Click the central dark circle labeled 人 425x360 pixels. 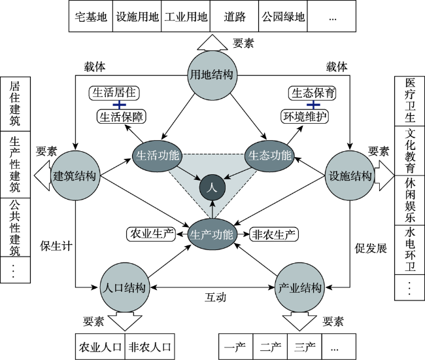point(212,187)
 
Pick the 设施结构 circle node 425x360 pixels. point(349,176)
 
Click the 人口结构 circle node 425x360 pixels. point(125,287)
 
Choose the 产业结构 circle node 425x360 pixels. point(299,287)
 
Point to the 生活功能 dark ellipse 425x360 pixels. point(158,156)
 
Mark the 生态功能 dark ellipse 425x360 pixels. point(269,156)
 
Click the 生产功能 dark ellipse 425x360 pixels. point(212,234)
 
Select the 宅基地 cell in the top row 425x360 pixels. point(91,16)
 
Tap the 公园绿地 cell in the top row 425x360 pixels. point(283,16)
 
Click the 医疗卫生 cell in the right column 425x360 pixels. point(409,101)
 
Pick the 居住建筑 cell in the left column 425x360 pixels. point(15,104)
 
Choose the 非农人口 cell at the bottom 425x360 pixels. point(150,347)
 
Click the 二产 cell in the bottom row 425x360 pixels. point(270,347)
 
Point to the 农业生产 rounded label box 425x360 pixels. point(151,234)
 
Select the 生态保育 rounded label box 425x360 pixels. point(313,94)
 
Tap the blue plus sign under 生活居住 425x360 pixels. point(119,105)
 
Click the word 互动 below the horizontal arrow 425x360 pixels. point(215,297)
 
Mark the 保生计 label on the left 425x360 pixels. point(56,246)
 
